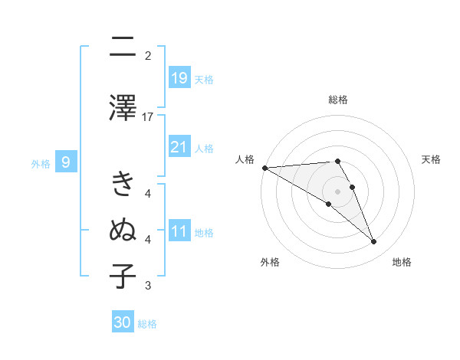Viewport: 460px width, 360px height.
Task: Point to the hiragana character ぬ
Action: click(x=123, y=230)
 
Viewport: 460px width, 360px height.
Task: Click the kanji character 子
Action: click(x=123, y=275)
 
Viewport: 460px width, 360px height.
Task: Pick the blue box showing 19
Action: click(x=179, y=78)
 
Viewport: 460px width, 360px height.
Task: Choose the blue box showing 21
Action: click(x=179, y=147)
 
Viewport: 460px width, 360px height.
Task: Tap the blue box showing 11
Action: click(x=179, y=231)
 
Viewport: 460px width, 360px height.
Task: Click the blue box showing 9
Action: click(x=67, y=162)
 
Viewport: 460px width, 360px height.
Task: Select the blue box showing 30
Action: click(x=123, y=322)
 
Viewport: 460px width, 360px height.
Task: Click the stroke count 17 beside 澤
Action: click(x=148, y=116)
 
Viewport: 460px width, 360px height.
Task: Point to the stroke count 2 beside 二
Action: click(x=148, y=55)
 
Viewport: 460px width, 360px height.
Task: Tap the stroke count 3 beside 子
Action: click(x=148, y=286)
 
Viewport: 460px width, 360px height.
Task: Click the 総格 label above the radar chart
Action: click(x=338, y=100)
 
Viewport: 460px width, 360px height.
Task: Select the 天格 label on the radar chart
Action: click(x=432, y=159)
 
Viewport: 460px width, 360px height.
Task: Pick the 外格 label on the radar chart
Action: click(x=269, y=262)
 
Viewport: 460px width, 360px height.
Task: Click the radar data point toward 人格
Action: click(x=264, y=168)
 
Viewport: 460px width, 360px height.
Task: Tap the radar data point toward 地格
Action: click(x=374, y=242)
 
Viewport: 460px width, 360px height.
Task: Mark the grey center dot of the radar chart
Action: click(x=338, y=191)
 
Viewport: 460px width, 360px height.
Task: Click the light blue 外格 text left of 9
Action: click(x=40, y=163)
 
